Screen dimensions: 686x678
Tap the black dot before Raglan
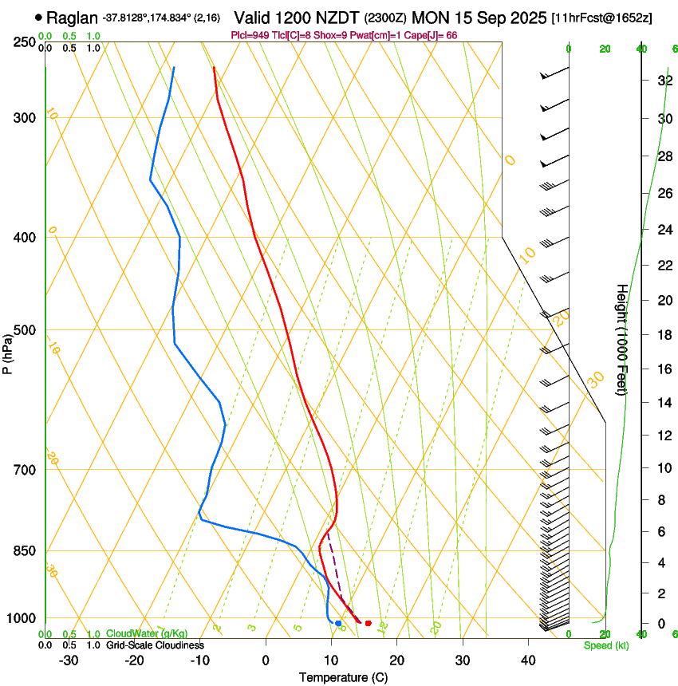38,17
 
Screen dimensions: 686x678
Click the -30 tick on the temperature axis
69,660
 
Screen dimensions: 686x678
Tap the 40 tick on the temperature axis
528,660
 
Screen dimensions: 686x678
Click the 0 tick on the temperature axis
266,660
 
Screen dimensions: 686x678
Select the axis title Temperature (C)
343,677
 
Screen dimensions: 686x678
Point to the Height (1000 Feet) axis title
622,339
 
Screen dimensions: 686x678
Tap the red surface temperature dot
368,623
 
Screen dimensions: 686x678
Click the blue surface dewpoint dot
338,623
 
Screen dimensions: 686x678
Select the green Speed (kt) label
605,645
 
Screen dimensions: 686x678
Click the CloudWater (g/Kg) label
147,633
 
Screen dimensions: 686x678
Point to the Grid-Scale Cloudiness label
155,645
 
